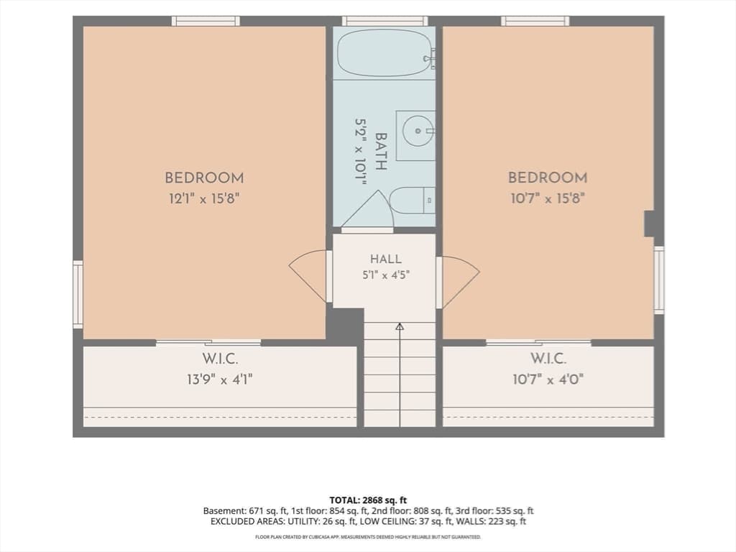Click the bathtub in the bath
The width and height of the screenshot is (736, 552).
pyautogui.click(x=386, y=51)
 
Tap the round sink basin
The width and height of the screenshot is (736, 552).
pyautogui.click(x=418, y=131)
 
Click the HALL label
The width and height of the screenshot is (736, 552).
pyautogui.click(x=385, y=259)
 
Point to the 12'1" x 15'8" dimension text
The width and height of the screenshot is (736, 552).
pyautogui.click(x=204, y=199)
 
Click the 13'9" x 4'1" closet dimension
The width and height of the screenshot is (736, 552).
pyautogui.click(x=220, y=379)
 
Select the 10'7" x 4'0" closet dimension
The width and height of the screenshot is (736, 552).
pyautogui.click(x=548, y=379)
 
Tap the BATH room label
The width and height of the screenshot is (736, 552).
pyautogui.click(x=381, y=151)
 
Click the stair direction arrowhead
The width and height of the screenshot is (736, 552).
pyautogui.click(x=400, y=327)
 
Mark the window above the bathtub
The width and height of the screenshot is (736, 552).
pyautogui.click(x=385, y=21)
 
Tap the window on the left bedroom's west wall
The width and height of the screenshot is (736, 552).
pyautogui.click(x=78, y=294)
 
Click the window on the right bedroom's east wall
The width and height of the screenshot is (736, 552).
pyautogui.click(x=659, y=280)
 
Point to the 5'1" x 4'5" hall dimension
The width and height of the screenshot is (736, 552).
pyautogui.click(x=386, y=275)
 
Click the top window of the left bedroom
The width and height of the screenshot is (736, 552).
pyautogui.click(x=206, y=21)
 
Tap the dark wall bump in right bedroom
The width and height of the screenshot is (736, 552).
pyautogui.click(x=649, y=224)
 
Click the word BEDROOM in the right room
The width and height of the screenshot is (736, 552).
pyautogui.click(x=547, y=178)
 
